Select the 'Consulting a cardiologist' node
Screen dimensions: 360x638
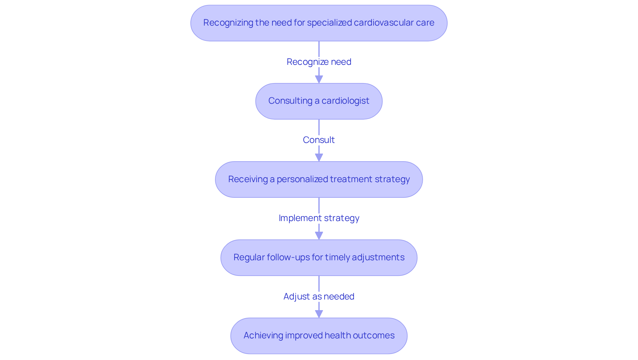coord(319,101)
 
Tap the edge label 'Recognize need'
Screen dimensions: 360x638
coord(319,62)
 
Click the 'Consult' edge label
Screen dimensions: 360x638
coord(319,140)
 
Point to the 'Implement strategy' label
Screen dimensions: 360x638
coord(319,218)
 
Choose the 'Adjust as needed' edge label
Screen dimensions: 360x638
coord(319,297)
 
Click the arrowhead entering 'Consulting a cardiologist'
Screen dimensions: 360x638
coord(319,79)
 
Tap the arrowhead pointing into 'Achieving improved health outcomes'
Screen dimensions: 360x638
coord(319,314)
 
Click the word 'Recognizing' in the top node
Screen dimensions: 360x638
coord(228,23)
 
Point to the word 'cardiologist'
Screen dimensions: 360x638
coord(345,101)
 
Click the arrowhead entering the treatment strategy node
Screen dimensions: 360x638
coord(319,157)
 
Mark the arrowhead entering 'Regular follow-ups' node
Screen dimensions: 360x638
coord(319,235)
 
